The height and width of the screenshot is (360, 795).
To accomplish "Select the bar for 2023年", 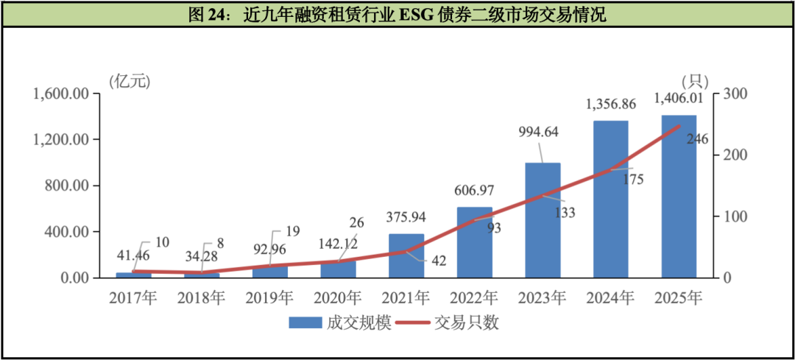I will click(x=543, y=220).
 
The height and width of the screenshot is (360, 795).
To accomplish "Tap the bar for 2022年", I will click(x=475, y=242).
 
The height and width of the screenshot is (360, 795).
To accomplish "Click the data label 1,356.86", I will click(x=610, y=104).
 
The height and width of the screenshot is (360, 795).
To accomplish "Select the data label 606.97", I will click(x=474, y=191).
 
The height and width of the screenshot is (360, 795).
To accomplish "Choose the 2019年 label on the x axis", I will click(x=270, y=298).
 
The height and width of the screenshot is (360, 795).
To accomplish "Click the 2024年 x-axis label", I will click(x=610, y=298).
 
